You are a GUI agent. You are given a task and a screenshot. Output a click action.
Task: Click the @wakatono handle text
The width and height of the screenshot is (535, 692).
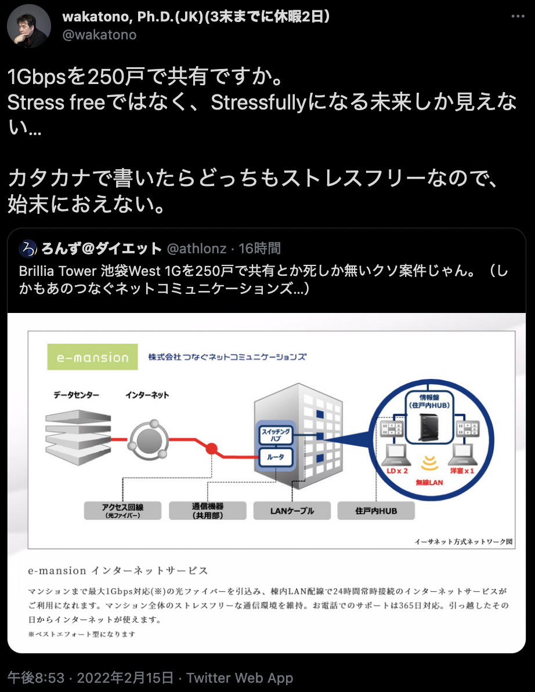tap(99, 35)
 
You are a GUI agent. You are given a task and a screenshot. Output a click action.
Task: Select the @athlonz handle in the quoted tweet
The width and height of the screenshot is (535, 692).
tap(196, 249)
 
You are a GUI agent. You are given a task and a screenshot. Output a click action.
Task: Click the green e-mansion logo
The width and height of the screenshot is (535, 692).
tap(93, 357)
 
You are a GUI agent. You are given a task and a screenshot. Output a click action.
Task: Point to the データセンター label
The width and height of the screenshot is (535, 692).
tap(76, 395)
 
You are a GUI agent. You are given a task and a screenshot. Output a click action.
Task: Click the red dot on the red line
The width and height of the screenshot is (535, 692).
tap(212, 448)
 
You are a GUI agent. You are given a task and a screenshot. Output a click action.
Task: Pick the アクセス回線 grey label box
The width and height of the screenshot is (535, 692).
tap(122, 511)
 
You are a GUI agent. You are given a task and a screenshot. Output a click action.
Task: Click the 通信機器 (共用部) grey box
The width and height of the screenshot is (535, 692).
tap(207, 511)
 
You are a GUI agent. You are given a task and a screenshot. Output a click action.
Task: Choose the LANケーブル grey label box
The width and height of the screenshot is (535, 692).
tap(292, 511)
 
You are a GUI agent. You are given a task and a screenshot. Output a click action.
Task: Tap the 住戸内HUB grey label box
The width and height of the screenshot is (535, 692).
tap(376, 511)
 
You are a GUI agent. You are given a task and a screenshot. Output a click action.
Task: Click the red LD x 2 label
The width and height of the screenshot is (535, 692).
tap(397, 471)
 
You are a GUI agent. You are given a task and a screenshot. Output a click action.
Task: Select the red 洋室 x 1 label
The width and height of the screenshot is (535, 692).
tap(461, 471)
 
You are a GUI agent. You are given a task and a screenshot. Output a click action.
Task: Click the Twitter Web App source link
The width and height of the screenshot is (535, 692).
tap(240, 678)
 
